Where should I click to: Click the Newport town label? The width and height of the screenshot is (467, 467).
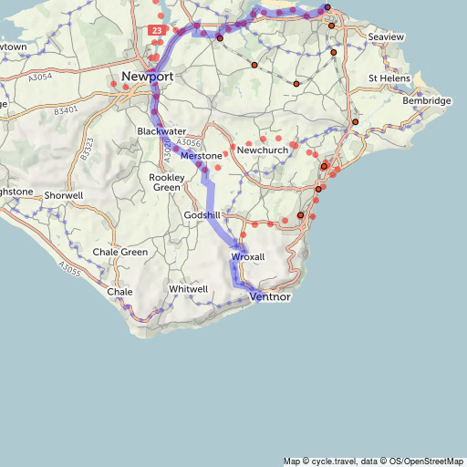148,77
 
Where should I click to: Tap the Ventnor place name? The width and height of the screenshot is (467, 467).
269,296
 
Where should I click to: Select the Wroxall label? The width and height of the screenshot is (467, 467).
248,257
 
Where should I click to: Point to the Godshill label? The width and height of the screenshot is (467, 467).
202,214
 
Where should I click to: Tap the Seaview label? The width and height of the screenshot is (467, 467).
386,36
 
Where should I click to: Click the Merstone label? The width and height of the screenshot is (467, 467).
201,157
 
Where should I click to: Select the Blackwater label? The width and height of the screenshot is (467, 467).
161,131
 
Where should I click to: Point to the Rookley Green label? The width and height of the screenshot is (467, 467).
167,182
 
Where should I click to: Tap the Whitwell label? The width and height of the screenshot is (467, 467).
189,289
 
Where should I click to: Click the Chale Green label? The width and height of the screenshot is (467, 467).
120,252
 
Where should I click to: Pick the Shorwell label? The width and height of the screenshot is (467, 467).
63,195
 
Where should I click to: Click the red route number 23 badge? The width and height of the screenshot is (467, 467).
158,30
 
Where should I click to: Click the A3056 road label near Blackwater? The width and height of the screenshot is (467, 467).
189,143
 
